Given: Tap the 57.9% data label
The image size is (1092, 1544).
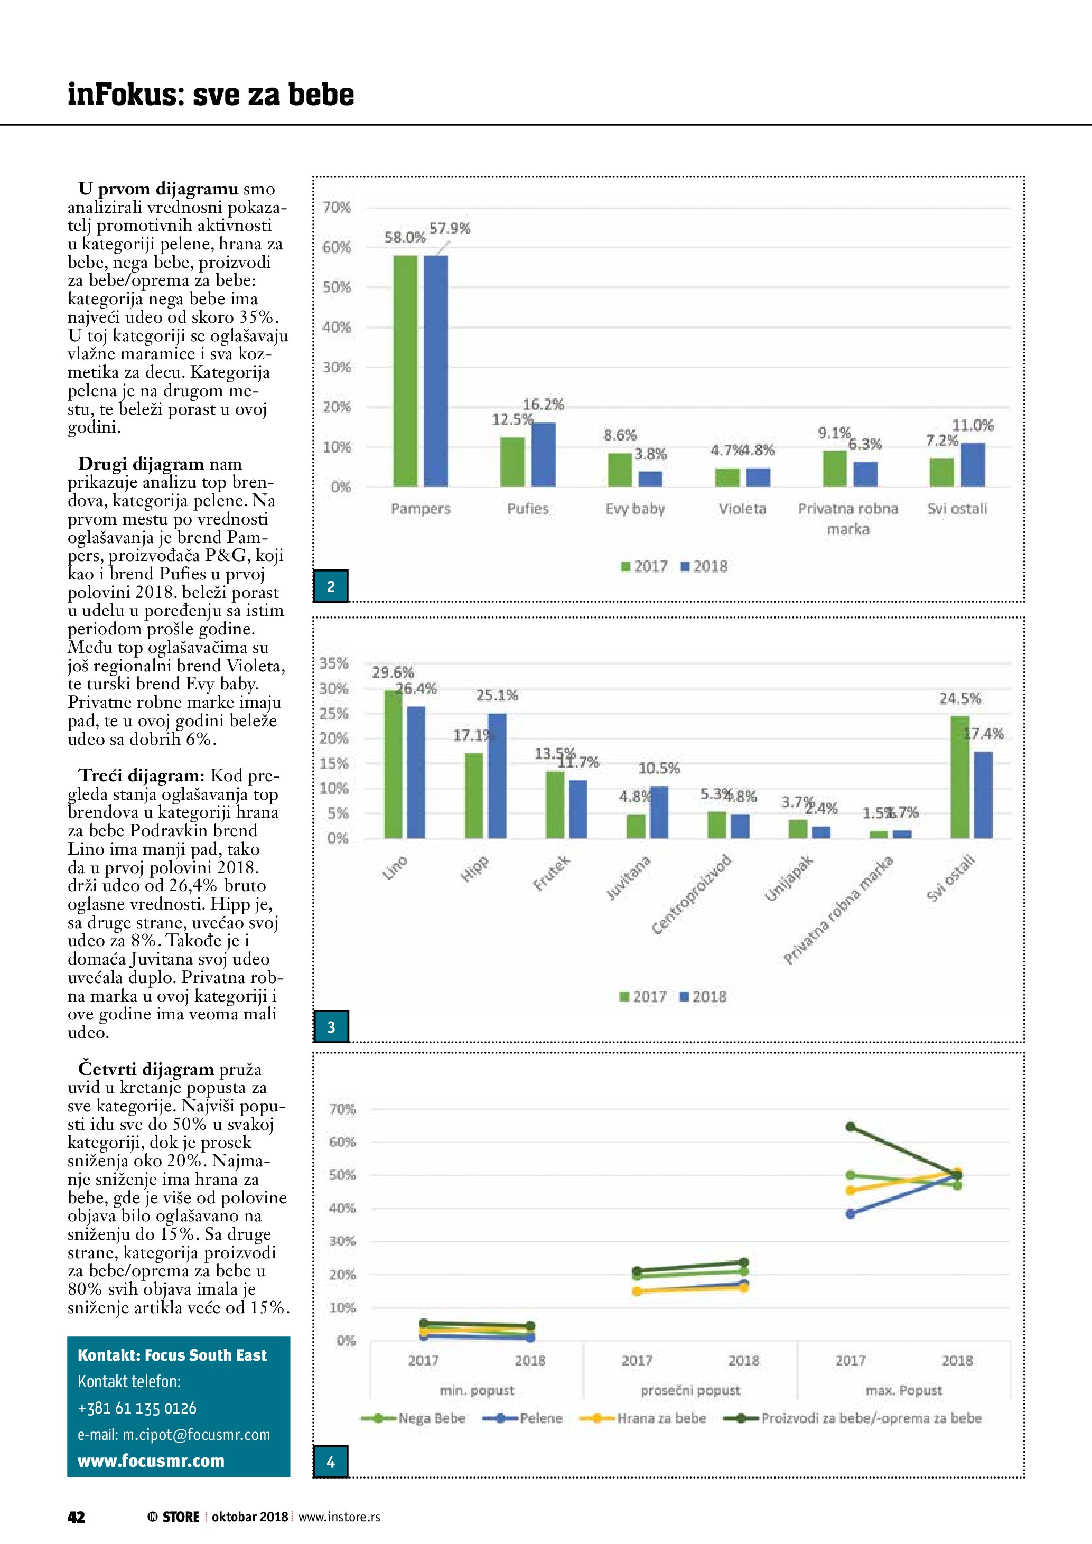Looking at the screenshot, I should tap(450, 229).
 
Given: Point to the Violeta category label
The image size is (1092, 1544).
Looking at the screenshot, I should tap(742, 508).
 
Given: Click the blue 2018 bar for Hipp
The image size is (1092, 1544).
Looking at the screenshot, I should tap(497, 775).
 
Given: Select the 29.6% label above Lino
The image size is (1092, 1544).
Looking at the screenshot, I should tap(393, 672).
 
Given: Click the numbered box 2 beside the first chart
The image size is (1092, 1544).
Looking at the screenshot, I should tap(331, 586).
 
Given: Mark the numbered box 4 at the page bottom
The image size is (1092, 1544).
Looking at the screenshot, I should tap(331, 1462).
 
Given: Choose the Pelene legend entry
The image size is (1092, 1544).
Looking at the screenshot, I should tap(522, 1418).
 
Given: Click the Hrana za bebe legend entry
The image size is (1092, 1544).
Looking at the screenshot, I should tap(643, 1418).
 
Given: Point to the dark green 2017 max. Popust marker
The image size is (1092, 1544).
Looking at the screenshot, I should tap(851, 1126).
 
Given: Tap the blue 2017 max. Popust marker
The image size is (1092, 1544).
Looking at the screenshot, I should tap(851, 1214).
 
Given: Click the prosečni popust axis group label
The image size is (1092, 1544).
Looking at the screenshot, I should tap(690, 1390).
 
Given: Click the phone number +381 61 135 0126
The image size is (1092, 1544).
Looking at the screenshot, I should tap(137, 1408).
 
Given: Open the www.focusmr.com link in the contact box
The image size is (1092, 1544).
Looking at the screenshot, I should tap(151, 1461).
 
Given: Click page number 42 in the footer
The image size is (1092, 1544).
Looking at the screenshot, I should tap(76, 1517).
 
